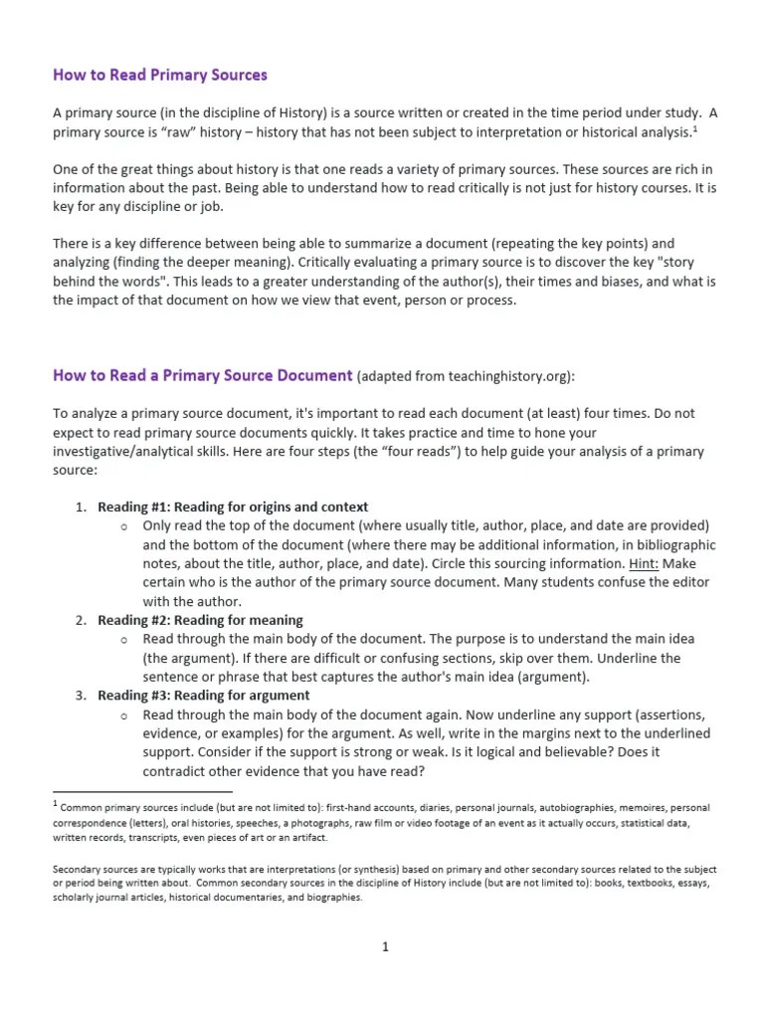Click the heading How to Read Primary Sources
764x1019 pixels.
(x=159, y=75)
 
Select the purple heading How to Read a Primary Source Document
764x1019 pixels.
(x=202, y=375)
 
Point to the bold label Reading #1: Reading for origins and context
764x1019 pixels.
(x=233, y=507)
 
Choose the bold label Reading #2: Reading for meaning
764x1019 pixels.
(x=200, y=620)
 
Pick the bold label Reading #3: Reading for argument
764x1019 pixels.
(x=203, y=696)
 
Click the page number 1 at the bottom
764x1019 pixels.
(x=385, y=947)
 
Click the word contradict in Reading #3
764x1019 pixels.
(x=174, y=771)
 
